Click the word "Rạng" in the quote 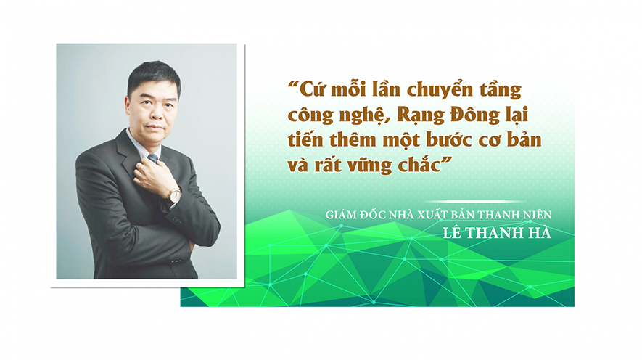click(420, 115)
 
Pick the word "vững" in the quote click(370, 165)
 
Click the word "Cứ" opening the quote click(313, 89)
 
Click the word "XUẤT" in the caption click(432, 215)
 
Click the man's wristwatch click(174, 195)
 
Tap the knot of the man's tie click(153, 159)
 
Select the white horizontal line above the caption click(475, 201)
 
